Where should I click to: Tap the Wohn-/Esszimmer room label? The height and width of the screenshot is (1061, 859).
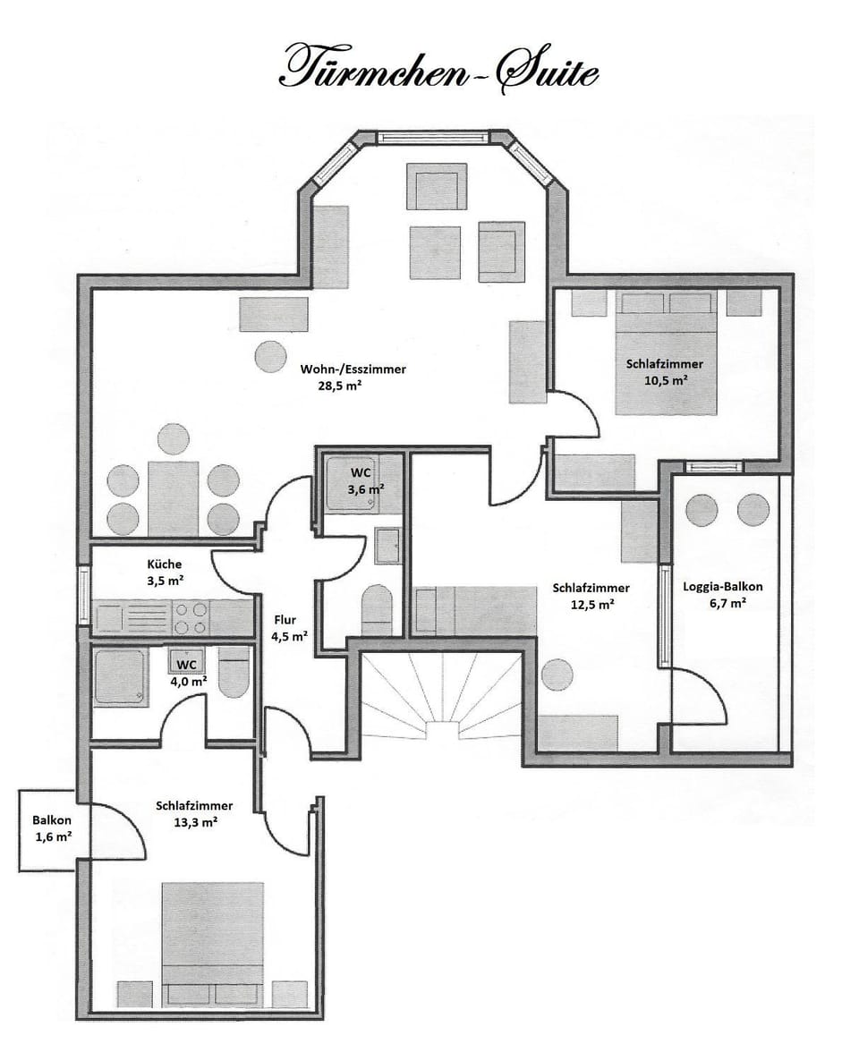354,369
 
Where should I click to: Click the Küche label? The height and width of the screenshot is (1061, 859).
165,564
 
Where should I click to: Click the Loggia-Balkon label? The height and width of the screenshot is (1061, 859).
722,587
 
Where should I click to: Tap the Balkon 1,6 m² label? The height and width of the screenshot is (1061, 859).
52,828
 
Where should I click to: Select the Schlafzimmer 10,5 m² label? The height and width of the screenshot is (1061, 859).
664,371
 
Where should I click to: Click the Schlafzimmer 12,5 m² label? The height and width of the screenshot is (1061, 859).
591,596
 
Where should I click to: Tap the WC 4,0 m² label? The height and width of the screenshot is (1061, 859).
187,673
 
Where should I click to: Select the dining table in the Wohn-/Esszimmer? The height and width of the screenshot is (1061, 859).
174,497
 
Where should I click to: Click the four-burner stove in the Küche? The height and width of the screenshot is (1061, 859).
190,616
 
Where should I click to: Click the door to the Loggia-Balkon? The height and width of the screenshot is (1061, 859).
698,698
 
